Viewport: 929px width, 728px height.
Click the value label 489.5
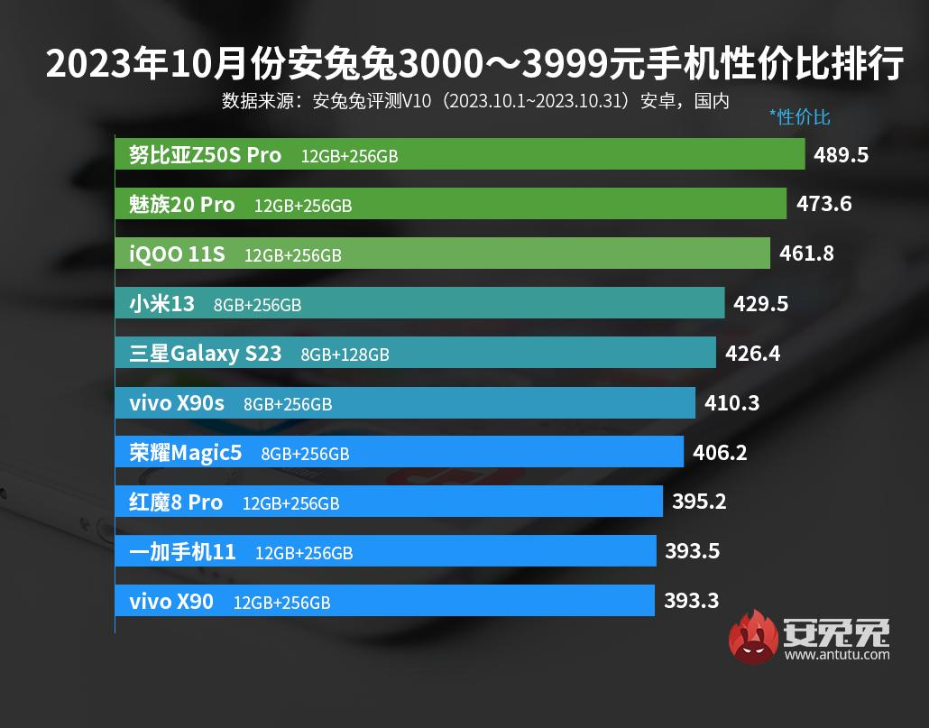click(x=841, y=155)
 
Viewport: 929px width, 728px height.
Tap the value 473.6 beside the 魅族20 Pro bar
click(x=824, y=204)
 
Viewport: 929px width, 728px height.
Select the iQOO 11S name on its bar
click(x=177, y=254)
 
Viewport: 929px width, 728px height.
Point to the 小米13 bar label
click(x=161, y=304)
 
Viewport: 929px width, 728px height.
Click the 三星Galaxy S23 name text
click(x=206, y=354)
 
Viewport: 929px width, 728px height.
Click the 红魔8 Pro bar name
click(x=176, y=502)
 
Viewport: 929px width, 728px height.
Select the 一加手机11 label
click(x=183, y=551)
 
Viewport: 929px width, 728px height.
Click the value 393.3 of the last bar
click(x=692, y=600)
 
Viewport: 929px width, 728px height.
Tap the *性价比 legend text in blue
click(x=799, y=116)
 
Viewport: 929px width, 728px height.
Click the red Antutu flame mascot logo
click(x=754, y=637)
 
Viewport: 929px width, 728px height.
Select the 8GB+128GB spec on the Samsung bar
click(x=345, y=355)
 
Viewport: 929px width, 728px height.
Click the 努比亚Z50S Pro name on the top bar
click(x=206, y=154)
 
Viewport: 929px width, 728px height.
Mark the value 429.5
click(x=760, y=304)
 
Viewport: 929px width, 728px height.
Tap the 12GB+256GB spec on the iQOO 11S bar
click(x=293, y=256)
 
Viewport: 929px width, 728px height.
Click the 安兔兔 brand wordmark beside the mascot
click(x=837, y=631)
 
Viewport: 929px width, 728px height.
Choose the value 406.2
click(x=720, y=453)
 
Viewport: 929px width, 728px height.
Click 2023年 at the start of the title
click(x=88, y=66)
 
